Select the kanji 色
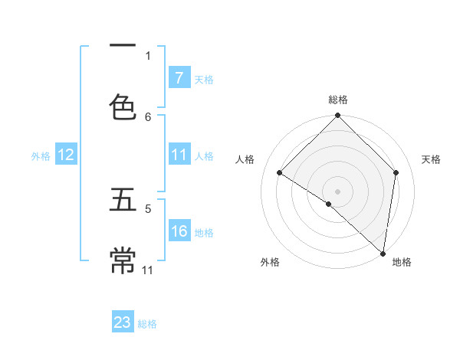[123, 107]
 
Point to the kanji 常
[123, 261]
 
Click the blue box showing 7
[179, 78]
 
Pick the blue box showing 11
[179, 155]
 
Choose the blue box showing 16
[179, 232]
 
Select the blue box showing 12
[66, 155]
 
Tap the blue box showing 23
[123, 322]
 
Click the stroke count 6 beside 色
[148, 116]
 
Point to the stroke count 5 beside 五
[148, 208]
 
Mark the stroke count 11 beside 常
[148, 270]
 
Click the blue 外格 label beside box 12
[41, 156]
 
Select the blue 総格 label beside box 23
[147, 324]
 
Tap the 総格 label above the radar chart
[338, 100]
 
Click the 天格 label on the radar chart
[431, 159]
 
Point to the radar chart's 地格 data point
[383, 253]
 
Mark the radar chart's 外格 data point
[329, 204]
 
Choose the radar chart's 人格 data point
[280, 173]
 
